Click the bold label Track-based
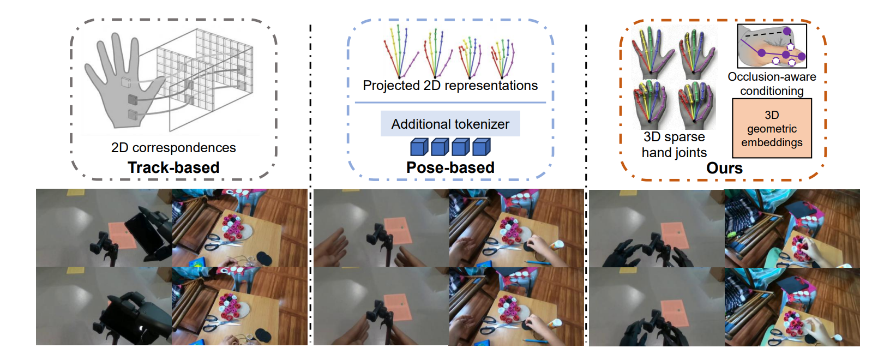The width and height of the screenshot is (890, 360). point(173,167)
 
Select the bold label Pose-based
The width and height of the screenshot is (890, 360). point(450,167)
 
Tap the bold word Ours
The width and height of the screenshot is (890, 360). point(724,168)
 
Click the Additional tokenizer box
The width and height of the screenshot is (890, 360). point(450,124)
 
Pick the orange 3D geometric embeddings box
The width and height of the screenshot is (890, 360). point(772,129)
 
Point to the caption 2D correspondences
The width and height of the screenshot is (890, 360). point(173,148)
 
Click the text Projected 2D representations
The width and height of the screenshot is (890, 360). point(450,86)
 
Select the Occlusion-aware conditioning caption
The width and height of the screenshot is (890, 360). point(772,84)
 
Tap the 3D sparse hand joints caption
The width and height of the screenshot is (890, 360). point(674,145)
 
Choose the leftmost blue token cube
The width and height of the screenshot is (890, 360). point(419,147)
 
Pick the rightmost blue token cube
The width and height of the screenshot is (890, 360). point(481,147)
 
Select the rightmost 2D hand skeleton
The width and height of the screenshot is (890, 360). point(503,57)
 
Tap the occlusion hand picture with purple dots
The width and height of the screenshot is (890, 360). point(772,46)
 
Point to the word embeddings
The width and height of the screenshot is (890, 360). point(772,142)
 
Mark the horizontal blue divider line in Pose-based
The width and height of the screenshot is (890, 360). point(450,102)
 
